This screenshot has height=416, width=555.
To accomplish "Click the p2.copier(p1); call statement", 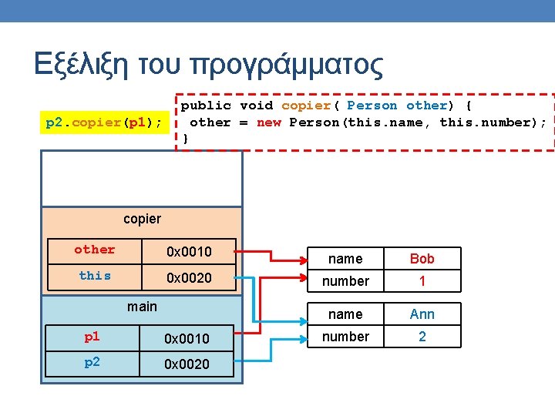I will tap(104, 122).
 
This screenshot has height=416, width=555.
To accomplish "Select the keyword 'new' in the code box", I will tap(269, 122).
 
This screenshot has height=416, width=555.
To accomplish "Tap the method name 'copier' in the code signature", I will tap(306, 106).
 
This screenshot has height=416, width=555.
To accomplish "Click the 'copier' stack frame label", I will tap(142, 219).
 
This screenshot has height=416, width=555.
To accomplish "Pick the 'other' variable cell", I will tap(94, 250).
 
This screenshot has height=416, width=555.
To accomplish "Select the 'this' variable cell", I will tap(94, 276).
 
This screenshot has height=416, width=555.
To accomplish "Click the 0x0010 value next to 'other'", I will tap(190, 251).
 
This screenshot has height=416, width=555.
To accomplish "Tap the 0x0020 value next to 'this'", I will tap(190, 277).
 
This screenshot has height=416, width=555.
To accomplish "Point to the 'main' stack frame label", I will tap(142, 307).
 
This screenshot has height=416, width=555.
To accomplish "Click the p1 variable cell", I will tap(92, 337).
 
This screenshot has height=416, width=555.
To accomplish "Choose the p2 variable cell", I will tap(92, 363).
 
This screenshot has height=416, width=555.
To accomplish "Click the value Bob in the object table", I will tap(422, 259).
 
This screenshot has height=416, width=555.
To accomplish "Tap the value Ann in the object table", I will tap(422, 314).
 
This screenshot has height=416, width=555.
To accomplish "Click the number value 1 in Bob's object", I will tap(422, 281).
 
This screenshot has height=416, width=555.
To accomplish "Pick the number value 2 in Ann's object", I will tap(422, 337).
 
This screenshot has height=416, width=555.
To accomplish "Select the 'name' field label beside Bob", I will tap(345, 259).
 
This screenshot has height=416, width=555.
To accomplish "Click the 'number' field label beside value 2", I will tap(345, 337).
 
